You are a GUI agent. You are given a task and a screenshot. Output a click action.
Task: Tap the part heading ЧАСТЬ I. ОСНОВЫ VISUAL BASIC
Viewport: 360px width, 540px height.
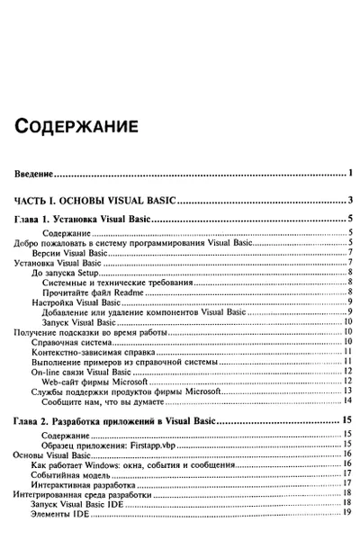101,201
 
